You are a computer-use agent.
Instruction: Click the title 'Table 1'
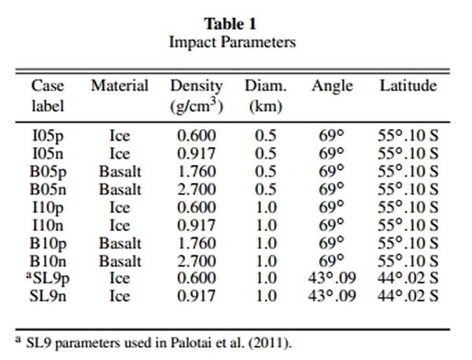[232, 24]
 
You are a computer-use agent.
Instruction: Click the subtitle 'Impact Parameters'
[232, 42]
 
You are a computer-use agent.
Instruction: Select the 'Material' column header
[120, 86]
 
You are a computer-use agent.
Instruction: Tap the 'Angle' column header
[332, 86]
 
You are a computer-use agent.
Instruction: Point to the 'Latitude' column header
[408, 86]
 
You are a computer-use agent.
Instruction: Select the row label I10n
[47, 225]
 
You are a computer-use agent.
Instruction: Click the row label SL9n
[49, 296]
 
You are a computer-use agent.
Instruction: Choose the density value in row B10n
[197, 260]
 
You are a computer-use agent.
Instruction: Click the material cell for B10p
[120, 243]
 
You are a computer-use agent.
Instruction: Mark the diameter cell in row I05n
[265, 152]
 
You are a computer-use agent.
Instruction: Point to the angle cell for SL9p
[332, 278]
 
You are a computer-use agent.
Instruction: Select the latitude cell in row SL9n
[408, 296]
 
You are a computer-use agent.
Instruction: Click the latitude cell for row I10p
[408, 207]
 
